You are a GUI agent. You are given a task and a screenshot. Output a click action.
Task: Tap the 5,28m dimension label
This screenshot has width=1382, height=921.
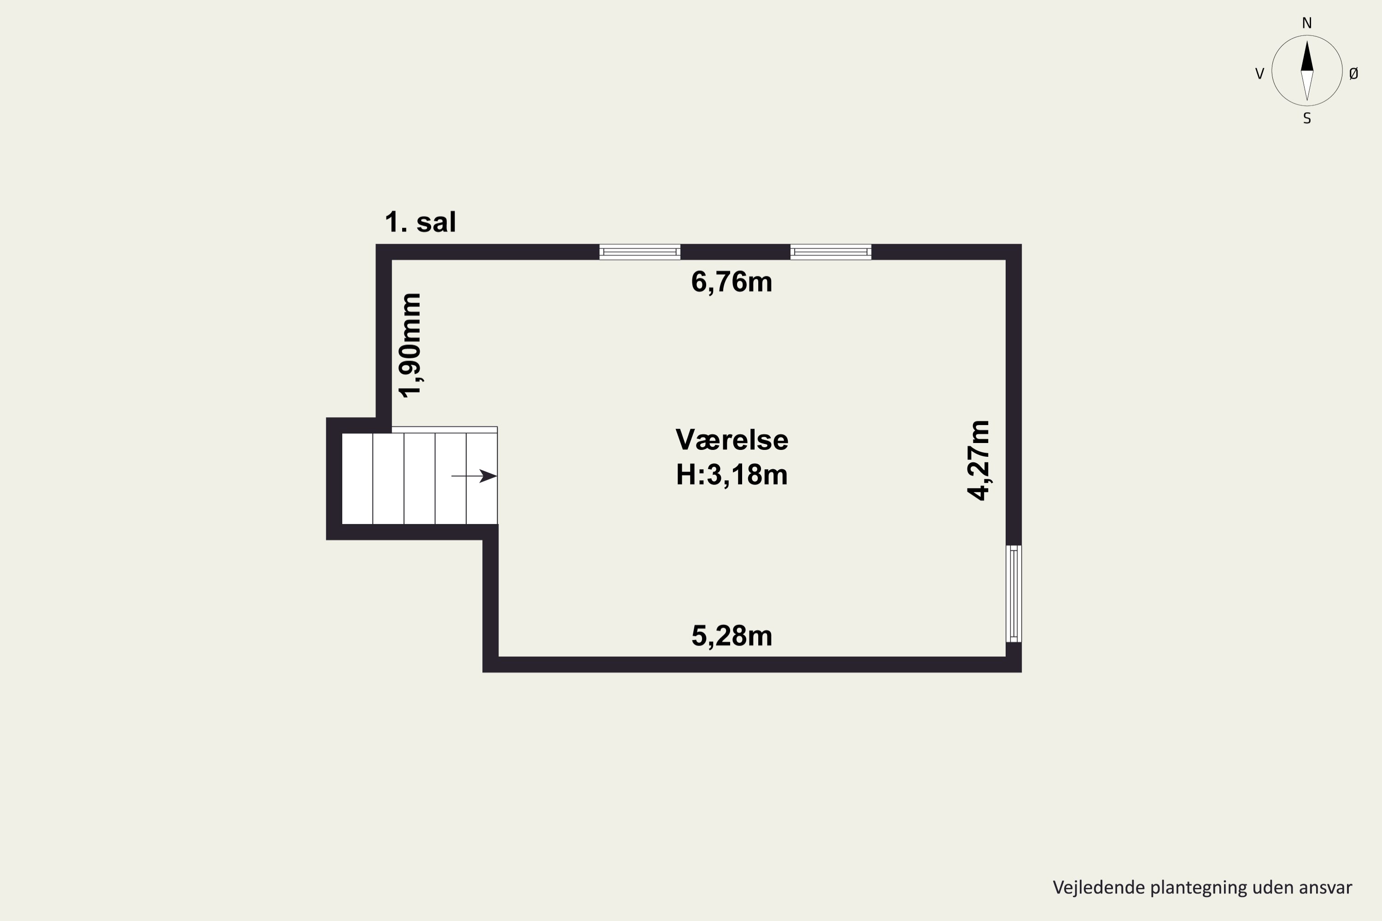[x=732, y=636]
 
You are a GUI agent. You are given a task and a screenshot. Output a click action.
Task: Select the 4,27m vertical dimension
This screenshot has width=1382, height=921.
[x=979, y=460]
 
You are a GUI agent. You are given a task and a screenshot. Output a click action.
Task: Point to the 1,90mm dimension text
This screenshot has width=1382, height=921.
[x=410, y=345]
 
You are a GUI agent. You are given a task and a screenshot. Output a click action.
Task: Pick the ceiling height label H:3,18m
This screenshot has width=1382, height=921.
[x=732, y=475]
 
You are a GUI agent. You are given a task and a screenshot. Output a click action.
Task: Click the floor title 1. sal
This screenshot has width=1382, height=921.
[x=420, y=222]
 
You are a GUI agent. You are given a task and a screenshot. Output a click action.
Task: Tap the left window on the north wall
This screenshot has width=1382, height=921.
[x=640, y=252]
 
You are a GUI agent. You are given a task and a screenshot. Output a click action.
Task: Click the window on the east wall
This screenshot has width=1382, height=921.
[x=1013, y=594]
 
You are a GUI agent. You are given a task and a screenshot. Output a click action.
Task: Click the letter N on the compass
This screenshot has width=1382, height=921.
[x=1307, y=23]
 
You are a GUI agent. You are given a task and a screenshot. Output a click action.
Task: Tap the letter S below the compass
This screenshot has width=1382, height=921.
[x=1307, y=119]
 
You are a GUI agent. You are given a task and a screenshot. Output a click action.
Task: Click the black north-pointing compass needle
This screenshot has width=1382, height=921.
[x=1307, y=58]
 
